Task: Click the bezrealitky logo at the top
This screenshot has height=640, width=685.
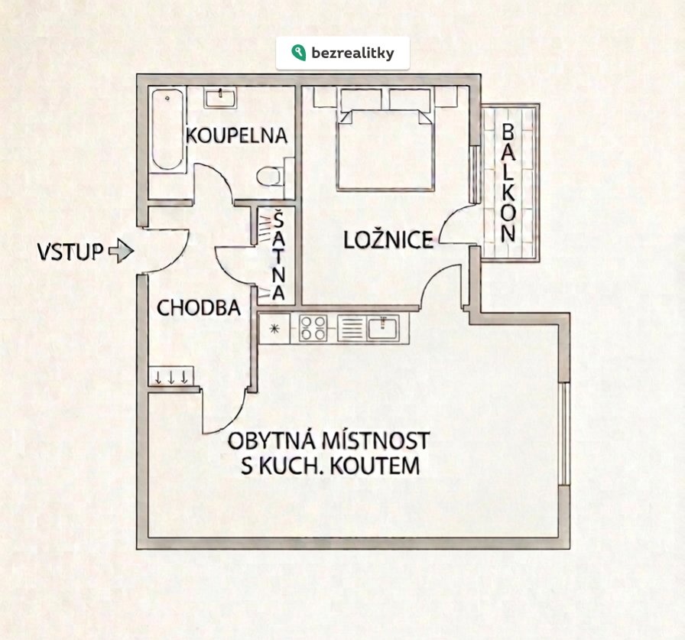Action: click(342, 53)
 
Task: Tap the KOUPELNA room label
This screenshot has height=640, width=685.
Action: click(237, 136)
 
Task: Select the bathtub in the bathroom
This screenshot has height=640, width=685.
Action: click(167, 130)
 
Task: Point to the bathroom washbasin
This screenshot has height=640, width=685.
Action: click(220, 97)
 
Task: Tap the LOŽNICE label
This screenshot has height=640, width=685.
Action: click(388, 240)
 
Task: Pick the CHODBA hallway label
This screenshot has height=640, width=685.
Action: click(199, 308)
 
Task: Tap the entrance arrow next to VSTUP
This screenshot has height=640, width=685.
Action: click(121, 251)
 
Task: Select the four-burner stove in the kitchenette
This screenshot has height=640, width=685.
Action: click(312, 328)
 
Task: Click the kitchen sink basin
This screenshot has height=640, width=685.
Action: click(380, 328)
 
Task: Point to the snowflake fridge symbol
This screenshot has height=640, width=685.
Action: click(273, 329)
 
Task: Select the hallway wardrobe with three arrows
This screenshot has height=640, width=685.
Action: click(171, 376)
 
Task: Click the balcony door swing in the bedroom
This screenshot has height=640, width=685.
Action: click(459, 226)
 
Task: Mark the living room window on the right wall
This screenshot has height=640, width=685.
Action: click(563, 434)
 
